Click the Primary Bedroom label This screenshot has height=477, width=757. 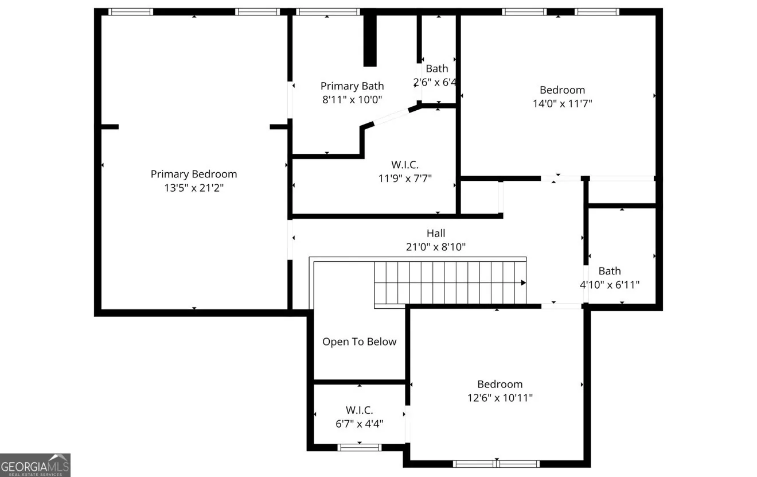pos(194,174)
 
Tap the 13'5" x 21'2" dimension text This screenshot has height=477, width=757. pos(194,188)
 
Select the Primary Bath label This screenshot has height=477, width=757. pos(352,86)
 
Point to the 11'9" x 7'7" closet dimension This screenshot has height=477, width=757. pos(405,179)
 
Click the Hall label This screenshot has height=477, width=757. pos(436,233)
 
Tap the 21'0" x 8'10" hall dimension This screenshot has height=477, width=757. pos(436,247)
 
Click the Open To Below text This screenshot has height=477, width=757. pos(359,342)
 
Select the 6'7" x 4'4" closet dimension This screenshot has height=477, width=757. pos(359,424)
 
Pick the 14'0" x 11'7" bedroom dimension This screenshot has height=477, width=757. pos(563,103)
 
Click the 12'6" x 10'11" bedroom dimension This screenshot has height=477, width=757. pos(500,398)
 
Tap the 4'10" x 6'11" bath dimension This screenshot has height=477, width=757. pos(610,285)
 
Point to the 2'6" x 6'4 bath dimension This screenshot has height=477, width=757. pos(435,82)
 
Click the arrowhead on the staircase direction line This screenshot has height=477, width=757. pos(524,282)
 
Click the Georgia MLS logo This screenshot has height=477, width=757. pos(35,465)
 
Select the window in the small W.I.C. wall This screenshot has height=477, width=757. pos(359,448)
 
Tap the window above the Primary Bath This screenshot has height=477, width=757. pos(328,12)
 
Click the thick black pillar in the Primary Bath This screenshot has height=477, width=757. pos(370,40)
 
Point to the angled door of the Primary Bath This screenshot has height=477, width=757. pos(391,117)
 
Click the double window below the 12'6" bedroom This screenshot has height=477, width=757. pos(496,463)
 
